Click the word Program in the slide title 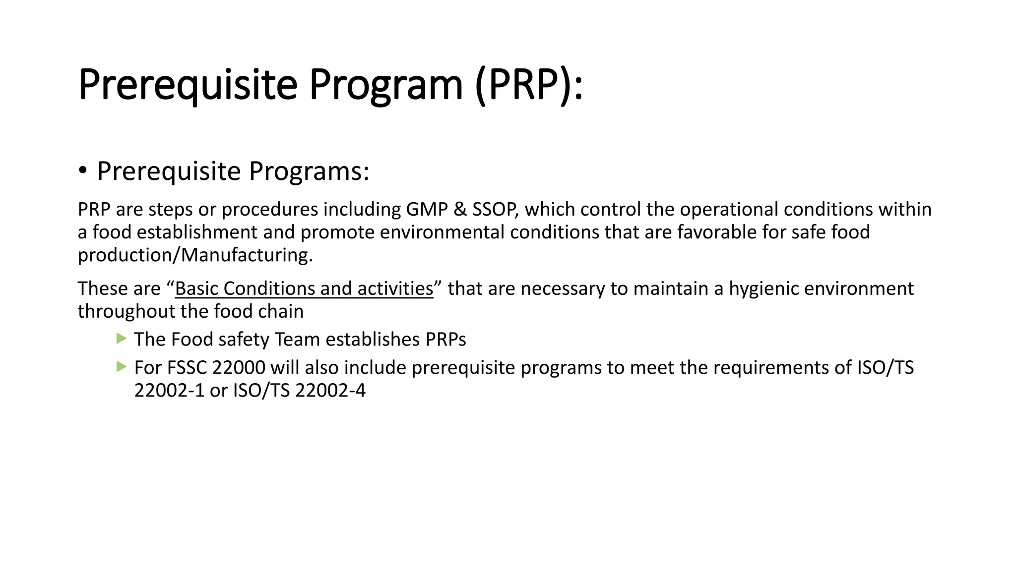(385, 85)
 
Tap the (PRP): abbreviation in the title (528, 85)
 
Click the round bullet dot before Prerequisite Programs (83, 171)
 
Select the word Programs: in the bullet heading (309, 171)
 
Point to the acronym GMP (427, 210)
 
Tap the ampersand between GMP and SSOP (460, 210)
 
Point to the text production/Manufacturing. (195, 255)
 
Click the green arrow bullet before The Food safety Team (121, 339)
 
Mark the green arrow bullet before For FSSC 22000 (121, 367)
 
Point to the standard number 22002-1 (169, 391)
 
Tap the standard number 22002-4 (330, 391)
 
